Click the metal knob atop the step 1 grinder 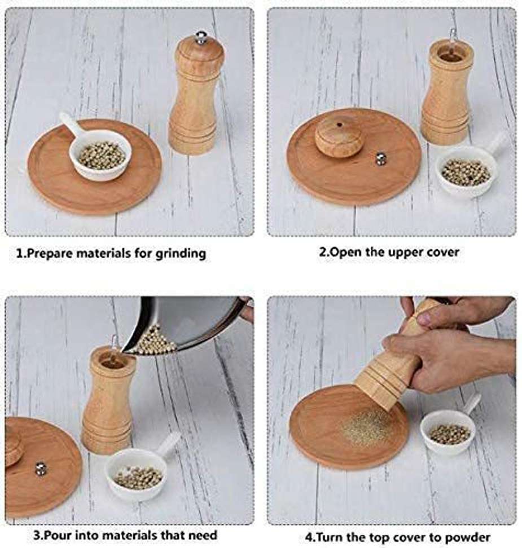click(200, 37)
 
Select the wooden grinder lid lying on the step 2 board click(339, 136)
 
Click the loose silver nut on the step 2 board click(381, 160)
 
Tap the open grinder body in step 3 click(109, 403)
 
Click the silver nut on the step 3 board click(41, 468)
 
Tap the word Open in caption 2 click(346, 252)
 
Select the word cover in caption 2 click(443, 252)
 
